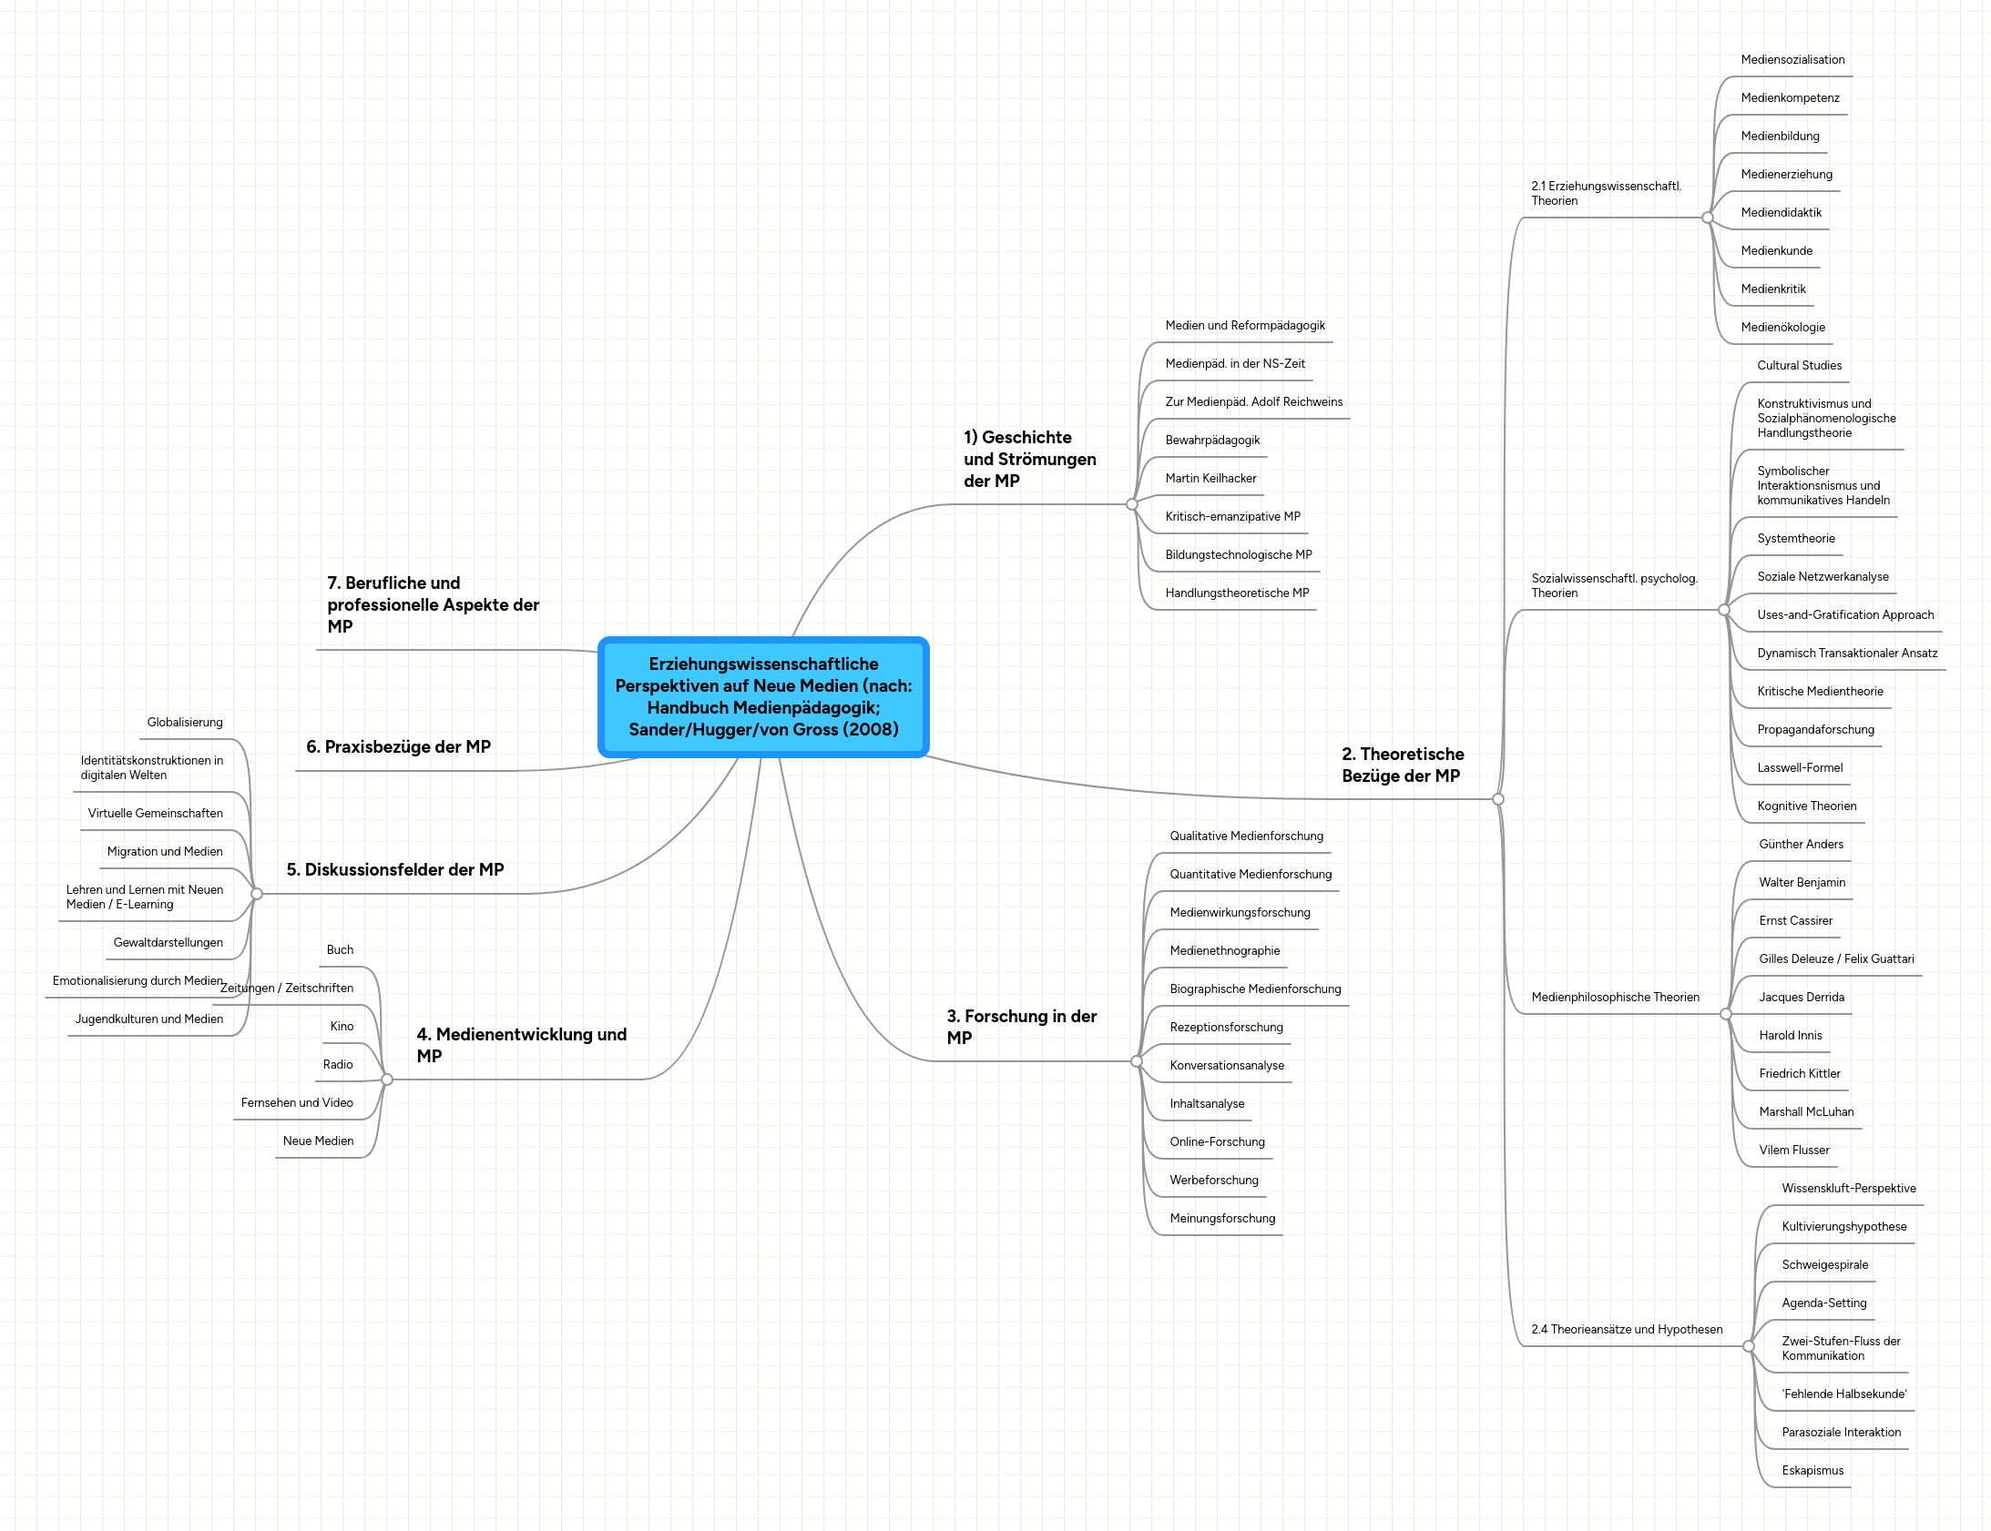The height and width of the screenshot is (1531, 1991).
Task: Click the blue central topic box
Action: pyautogui.click(x=763, y=697)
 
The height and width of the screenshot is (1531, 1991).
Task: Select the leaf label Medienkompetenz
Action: pyautogui.click(x=1790, y=98)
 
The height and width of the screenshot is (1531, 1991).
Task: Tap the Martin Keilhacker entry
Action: pyautogui.click(x=1210, y=479)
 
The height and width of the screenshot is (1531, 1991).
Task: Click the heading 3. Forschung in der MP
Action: pyautogui.click(x=1021, y=1026)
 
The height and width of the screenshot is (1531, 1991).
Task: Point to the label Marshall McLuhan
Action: pyautogui.click(x=1806, y=1111)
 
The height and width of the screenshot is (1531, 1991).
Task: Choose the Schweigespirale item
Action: pyautogui.click(x=1824, y=1265)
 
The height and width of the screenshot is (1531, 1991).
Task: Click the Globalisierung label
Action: pyautogui.click(x=185, y=723)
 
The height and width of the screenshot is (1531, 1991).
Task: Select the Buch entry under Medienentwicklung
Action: pyautogui.click(x=340, y=949)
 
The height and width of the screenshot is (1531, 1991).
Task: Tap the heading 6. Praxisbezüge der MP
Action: pyautogui.click(x=398, y=747)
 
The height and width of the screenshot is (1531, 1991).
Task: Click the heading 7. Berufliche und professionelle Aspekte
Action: pyautogui.click(x=433, y=604)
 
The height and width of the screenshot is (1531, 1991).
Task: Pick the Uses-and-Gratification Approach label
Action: pyautogui.click(x=1845, y=615)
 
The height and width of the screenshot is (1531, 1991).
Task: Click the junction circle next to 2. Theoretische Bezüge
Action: pyautogui.click(x=1498, y=799)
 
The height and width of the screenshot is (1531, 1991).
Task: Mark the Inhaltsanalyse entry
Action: pyautogui.click(x=1206, y=1103)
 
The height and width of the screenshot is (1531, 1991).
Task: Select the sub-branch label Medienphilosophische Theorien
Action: pyautogui.click(x=1615, y=997)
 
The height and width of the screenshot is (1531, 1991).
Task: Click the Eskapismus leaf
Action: pyautogui.click(x=1812, y=1471)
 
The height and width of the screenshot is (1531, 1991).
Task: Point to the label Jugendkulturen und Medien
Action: pyautogui.click(x=148, y=1019)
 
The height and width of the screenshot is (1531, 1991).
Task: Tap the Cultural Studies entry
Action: pyautogui.click(x=1799, y=365)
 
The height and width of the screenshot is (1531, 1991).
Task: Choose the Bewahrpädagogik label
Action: pyautogui.click(x=1211, y=441)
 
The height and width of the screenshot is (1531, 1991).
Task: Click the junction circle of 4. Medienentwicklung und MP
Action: pyautogui.click(x=386, y=1079)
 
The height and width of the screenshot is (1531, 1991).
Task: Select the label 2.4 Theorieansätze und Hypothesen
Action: pyautogui.click(x=1627, y=1330)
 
